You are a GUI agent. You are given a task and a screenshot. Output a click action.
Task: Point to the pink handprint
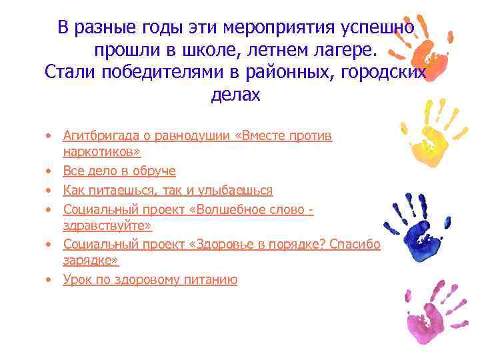pos(433,313)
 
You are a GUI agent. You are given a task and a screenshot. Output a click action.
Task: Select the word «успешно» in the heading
pos(377,27)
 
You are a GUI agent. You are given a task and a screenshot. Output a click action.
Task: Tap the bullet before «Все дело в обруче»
pos(49,171)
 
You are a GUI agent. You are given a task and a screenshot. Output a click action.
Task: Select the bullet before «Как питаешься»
pos(49,191)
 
